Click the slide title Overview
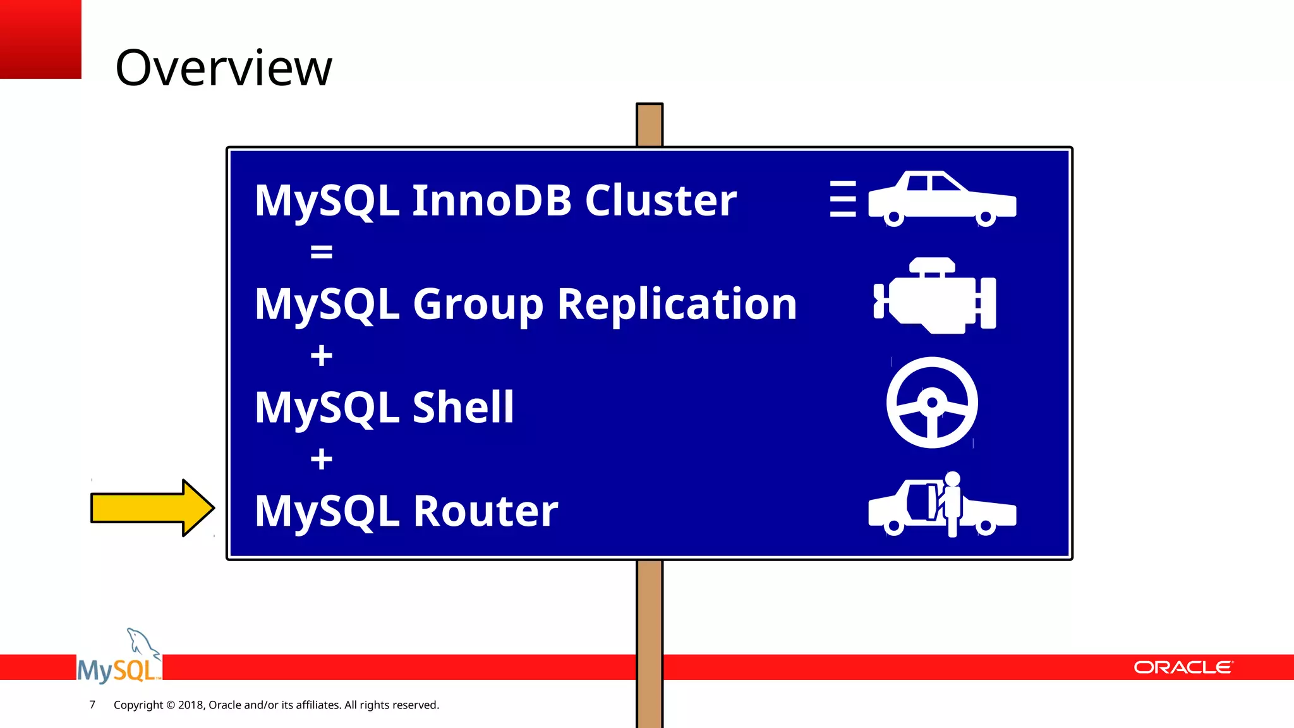point(224,68)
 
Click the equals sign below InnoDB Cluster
point(321,252)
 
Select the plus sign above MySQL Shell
point(321,356)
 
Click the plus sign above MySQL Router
point(321,459)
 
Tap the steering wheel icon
point(932,403)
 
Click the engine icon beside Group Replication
point(934,297)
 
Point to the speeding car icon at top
point(941,198)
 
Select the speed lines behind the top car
point(843,198)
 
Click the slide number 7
point(92,705)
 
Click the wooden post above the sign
point(650,125)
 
